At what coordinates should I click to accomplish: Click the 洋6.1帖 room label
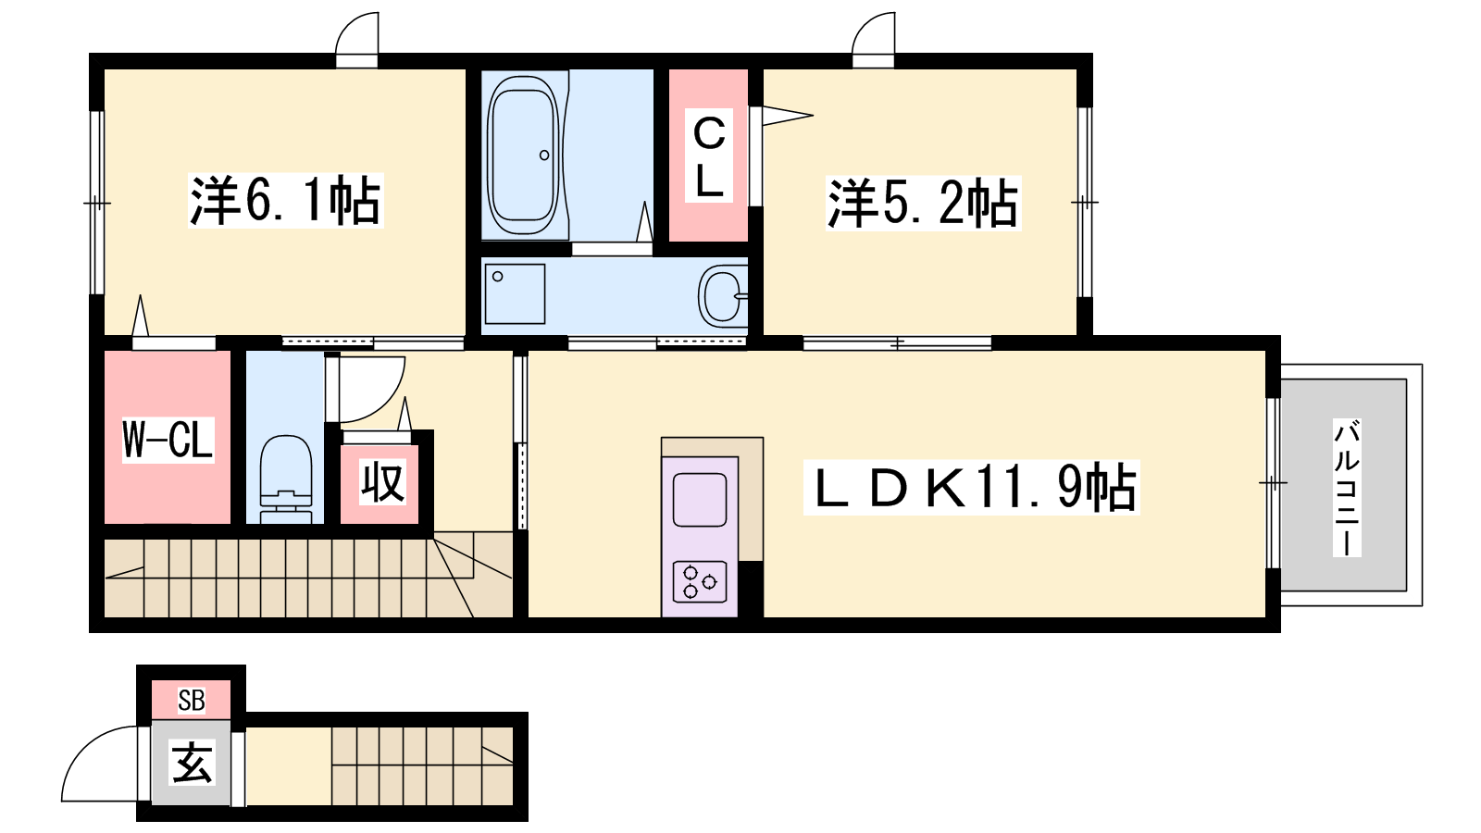(286, 201)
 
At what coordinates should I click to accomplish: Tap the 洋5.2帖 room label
(923, 203)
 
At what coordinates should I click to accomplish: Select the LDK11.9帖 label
(971, 487)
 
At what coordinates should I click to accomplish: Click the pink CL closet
(709, 155)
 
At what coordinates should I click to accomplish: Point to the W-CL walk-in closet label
(168, 440)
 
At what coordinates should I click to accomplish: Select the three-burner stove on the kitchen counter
(700, 581)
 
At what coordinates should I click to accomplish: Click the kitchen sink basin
(700, 500)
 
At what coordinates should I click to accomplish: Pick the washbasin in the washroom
(723, 297)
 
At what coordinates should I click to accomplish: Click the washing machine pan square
(515, 294)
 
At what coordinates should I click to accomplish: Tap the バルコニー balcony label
(1346, 487)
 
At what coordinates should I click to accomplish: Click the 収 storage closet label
(382, 482)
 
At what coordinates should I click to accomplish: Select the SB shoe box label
(191, 700)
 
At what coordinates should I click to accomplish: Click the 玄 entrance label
(193, 763)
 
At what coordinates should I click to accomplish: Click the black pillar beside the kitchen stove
(751, 589)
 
